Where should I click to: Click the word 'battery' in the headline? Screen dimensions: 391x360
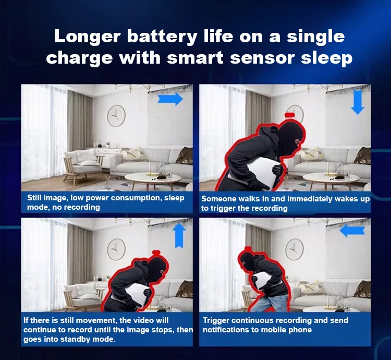[x=162, y=37]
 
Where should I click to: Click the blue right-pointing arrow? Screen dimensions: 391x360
[x=170, y=99]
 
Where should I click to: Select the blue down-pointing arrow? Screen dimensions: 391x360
[x=358, y=102]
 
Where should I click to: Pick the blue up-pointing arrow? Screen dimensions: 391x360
[x=179, y=235]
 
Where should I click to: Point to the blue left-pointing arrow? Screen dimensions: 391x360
[x=352, y=230]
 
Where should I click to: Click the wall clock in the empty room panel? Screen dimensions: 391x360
[x=116, y=116]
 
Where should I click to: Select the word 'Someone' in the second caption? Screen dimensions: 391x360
[x=219, y=199]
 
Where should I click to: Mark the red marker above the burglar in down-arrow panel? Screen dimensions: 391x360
[x=290, y=115]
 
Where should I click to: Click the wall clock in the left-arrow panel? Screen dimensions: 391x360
[x=294, y=249]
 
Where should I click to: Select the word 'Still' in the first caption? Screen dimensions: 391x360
[x=34, y=198]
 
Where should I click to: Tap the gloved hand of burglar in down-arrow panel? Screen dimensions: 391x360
[x=277, y=170]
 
